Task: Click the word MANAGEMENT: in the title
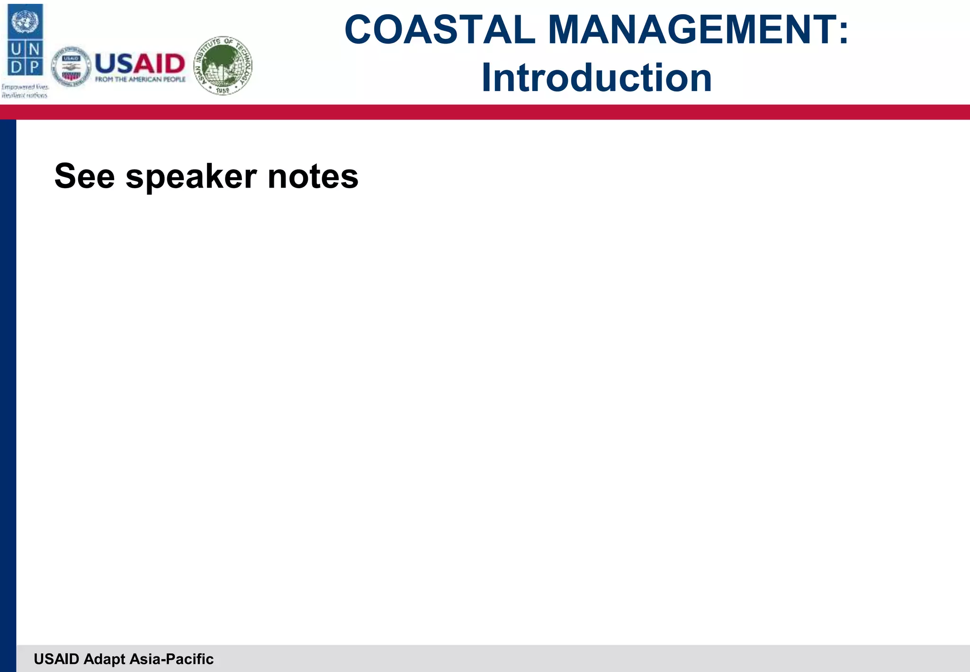tap(698, 30)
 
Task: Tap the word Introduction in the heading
tap(596, 78)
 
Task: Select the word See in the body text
tap(85, 176)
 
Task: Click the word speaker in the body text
tap(191, 177)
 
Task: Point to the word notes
tap(313, 176)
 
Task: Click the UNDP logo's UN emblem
tap(25, 22)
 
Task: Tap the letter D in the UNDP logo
tap(16, 67)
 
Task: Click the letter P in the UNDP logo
tap(34, 67)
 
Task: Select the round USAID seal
tap(71, 67)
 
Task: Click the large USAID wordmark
tap(140, 64)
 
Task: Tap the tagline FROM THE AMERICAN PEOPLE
tap(140, 80)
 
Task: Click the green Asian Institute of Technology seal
tap(223, 66)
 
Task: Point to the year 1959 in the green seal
tap(222, 90)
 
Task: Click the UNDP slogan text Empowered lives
tap(25, 87)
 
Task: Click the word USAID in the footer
tap(56, 659)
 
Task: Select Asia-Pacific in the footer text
tap(171, 659)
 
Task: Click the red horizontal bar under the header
tap(485, 112)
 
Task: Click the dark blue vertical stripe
tap(8, 379)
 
